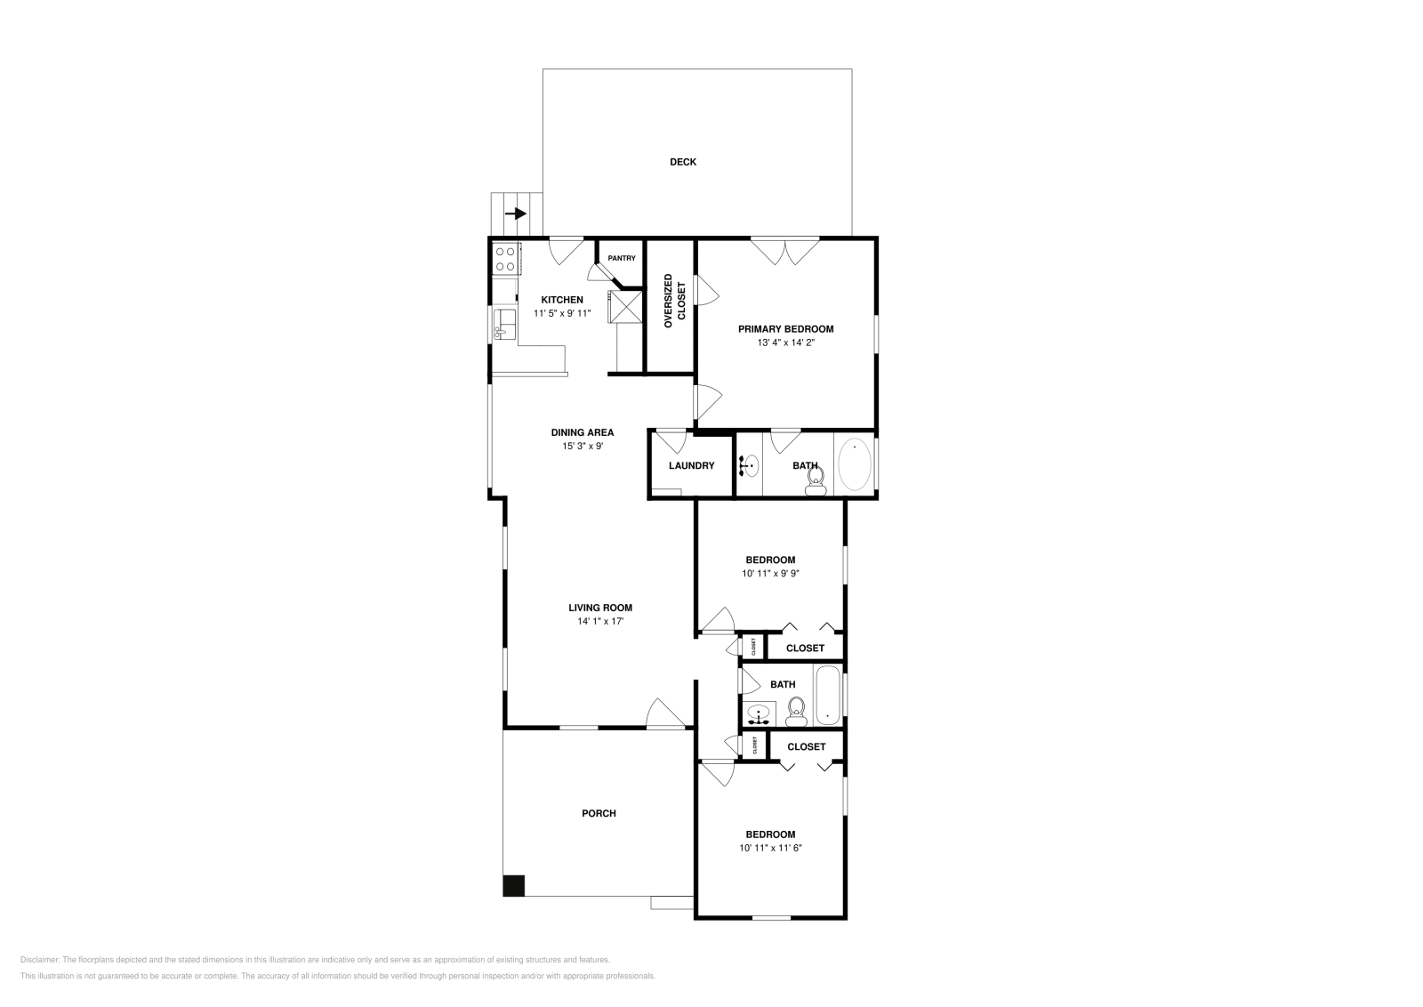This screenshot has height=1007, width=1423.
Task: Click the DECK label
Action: point(683,162)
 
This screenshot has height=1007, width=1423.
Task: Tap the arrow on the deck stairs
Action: point(516,214)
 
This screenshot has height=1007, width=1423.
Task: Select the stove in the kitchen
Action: point(505,258)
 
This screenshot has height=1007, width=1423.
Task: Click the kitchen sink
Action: point(504,323)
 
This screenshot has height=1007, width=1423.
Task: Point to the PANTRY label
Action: point(622,258)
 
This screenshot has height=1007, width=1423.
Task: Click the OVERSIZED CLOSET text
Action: point(675,302)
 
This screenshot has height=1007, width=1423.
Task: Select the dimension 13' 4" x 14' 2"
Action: point(785,342)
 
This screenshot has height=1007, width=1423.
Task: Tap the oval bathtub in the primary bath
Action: point(855,465)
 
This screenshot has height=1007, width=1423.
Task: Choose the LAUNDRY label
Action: point(691,465)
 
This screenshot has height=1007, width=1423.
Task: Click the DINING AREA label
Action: point(583,433)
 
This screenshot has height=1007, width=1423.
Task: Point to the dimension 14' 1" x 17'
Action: point(600,622)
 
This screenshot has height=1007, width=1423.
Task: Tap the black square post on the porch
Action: point(514,886)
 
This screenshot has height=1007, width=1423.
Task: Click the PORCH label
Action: point(599,813)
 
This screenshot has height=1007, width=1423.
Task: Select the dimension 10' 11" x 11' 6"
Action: point(770,848)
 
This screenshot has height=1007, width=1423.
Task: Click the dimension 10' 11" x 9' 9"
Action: point(770,574)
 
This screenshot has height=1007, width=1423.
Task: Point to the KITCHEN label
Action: point(562,300)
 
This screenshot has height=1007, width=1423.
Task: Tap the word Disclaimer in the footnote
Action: point(39,960)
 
